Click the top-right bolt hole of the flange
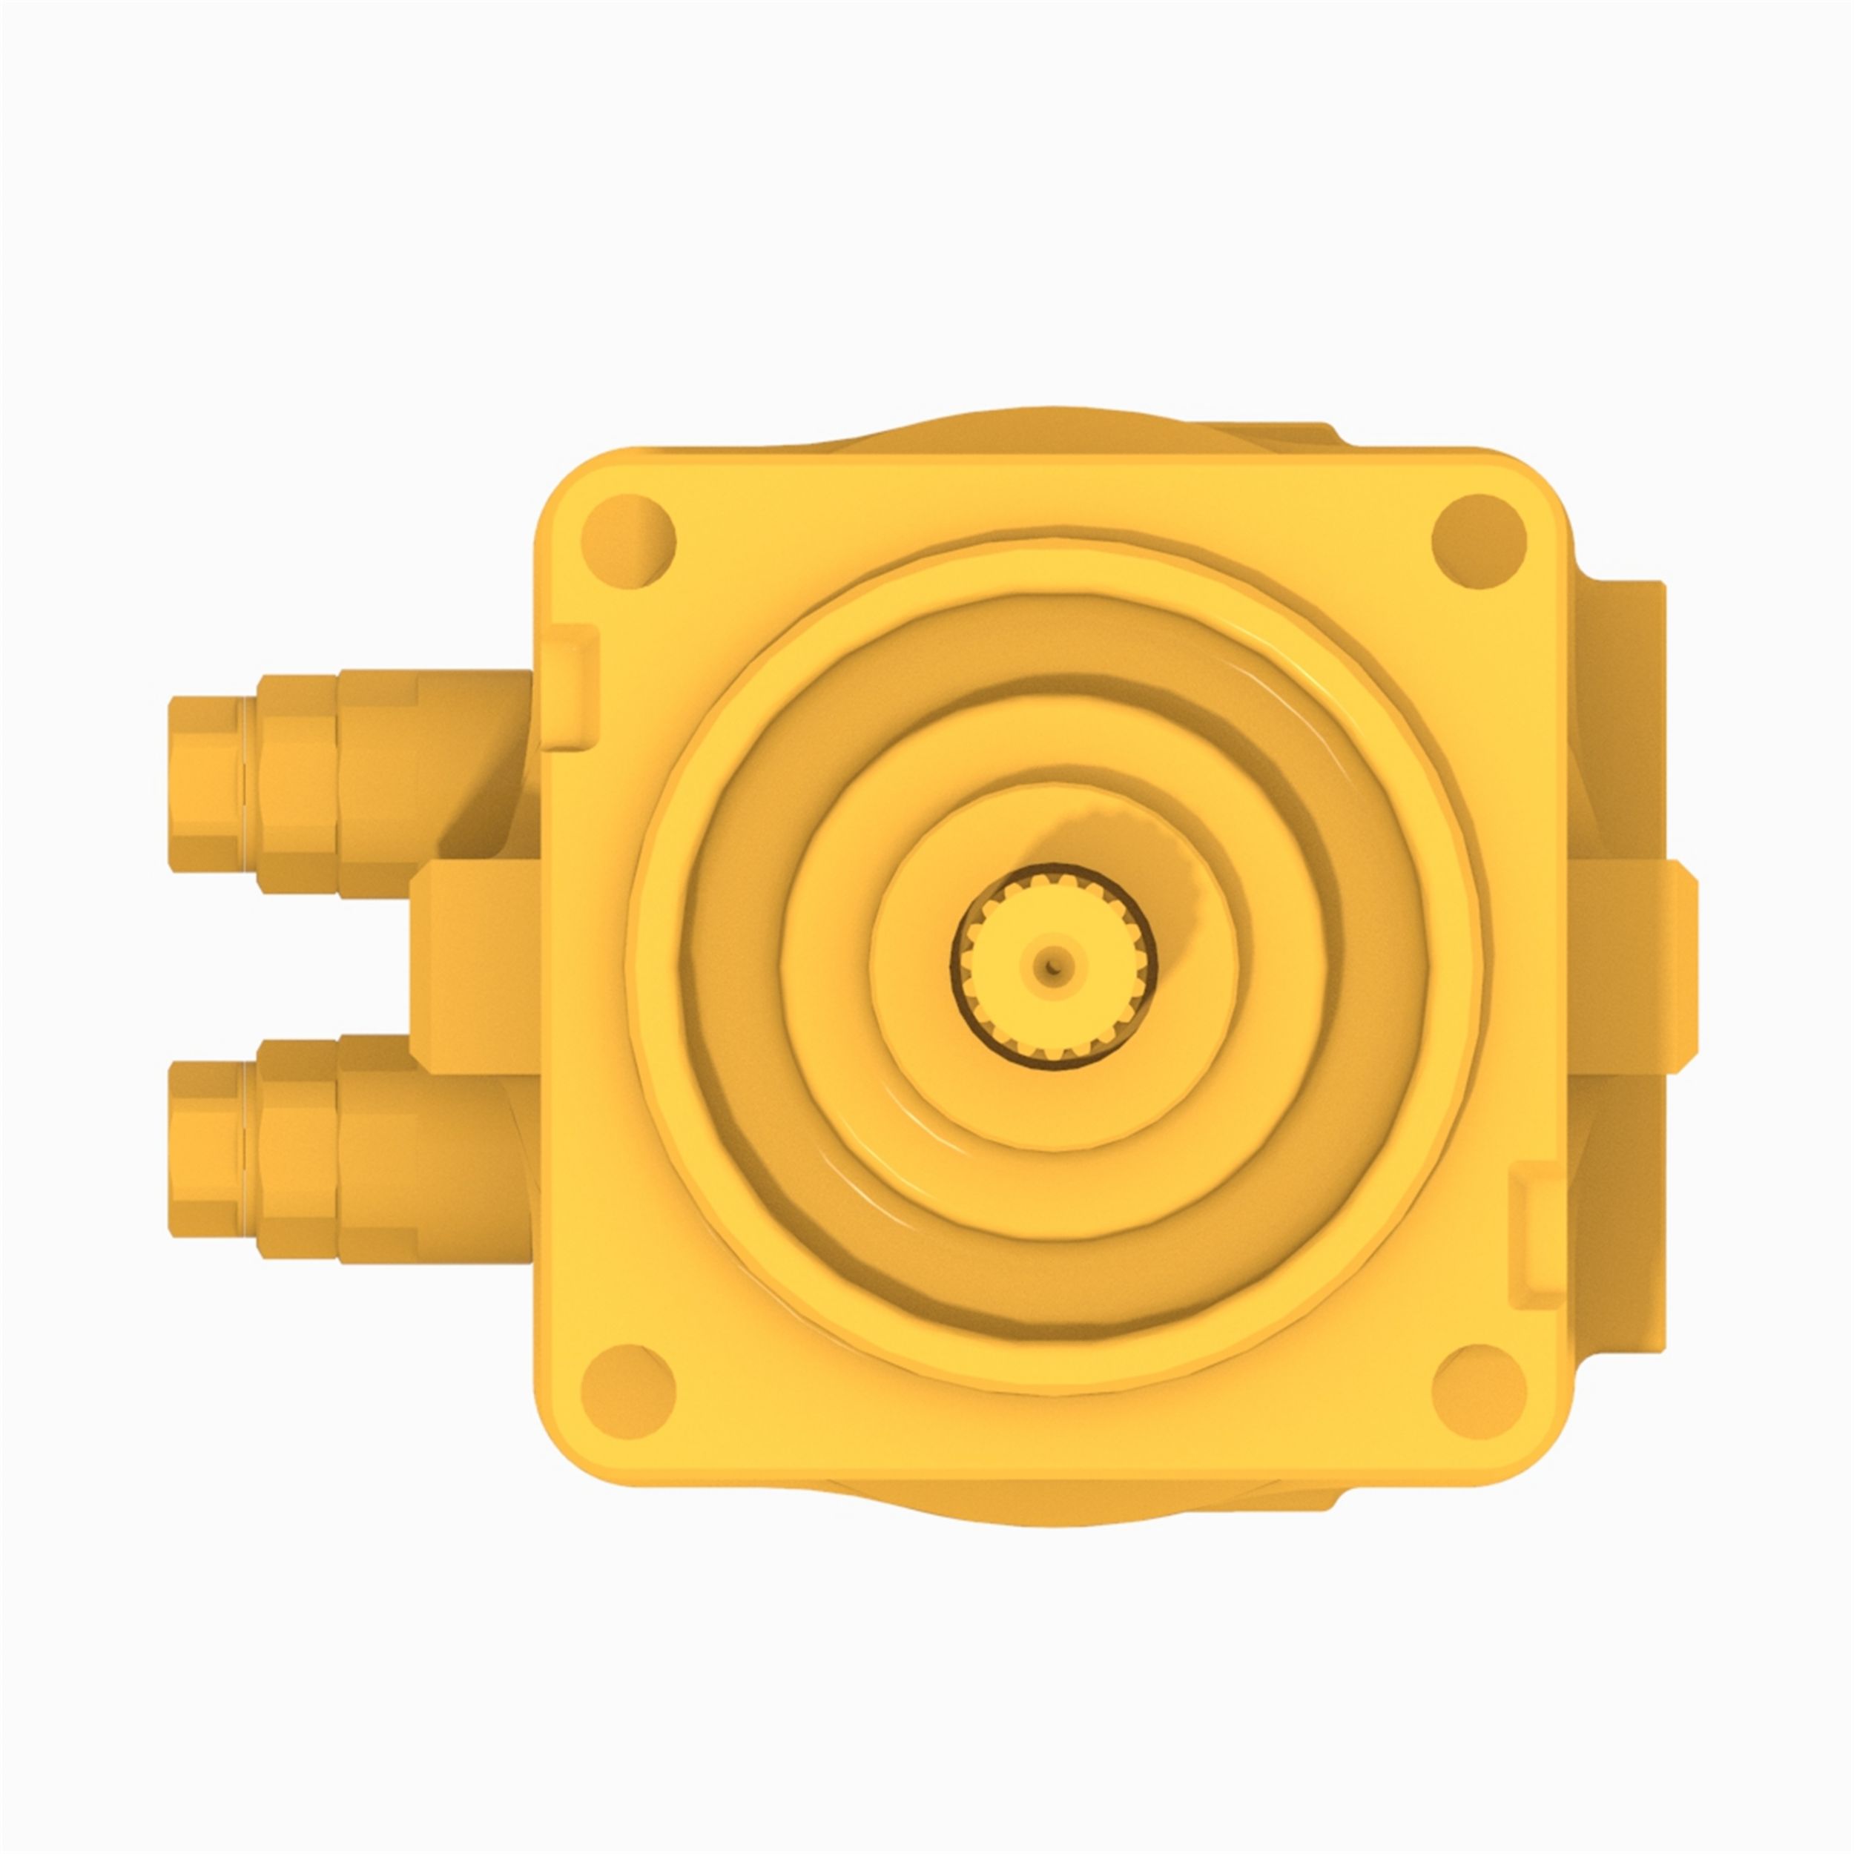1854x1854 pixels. pyautogui.click(x=1478, y=541)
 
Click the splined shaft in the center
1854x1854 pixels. pyautogui.click(x=1053, y=964)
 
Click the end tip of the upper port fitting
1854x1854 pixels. pyautogui.click(x=203, y=784)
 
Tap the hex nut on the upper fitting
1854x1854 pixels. pyautogui.click(x=297, y=785)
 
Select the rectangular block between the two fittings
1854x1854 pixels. pyautogui.click(x=475, y=967)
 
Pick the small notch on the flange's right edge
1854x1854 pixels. pyautogui.click(x=1535, y=1247)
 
